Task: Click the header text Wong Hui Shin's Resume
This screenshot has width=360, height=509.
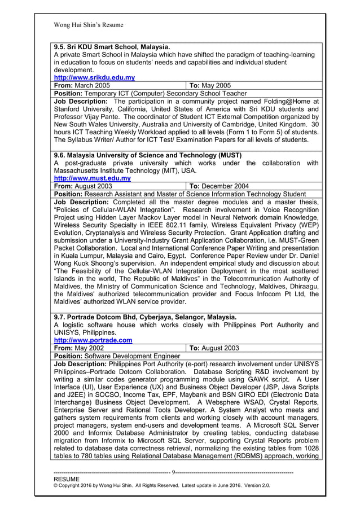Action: (x=88, y=25)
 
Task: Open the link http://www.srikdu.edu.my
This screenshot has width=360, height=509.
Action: (x=94, y=77)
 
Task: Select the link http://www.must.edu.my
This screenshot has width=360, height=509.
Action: (x=92, y=178)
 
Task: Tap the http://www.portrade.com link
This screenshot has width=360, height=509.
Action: (x=93, y=340)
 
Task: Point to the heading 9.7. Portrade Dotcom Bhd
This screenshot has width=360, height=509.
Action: (x=145, y=317)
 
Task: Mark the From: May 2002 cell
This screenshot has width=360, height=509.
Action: (x=79, y=348)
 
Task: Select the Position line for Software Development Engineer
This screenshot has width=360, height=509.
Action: (x=117, y=356)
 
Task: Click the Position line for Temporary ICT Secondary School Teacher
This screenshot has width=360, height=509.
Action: (x=150, y=93)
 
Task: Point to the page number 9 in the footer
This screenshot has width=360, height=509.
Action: (x=173, y=472)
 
